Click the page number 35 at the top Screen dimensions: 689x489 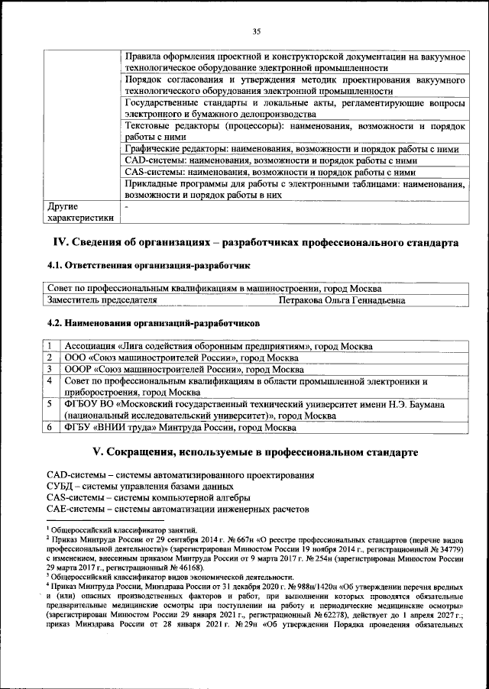pyautogui.click(x=257, y=31)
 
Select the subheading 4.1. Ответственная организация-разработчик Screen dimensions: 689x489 pyautogui.click(x=149, y=265)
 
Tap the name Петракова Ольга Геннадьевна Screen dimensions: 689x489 pyautogui.click(x=342, y=301)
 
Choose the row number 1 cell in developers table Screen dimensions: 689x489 pyautogui.click(x=49, y=346)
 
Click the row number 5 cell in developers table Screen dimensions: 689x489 pyautogui.click(x=49, y=403)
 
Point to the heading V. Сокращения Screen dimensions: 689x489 pyautogui.click(x=254, y=451)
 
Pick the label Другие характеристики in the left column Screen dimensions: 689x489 pyautogui.click(x=80, y=212)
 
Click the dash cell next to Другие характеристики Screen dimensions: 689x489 pyautogui.click(x=127, y=206)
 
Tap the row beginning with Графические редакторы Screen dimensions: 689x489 pyautogui.click(x=290, y=149)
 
